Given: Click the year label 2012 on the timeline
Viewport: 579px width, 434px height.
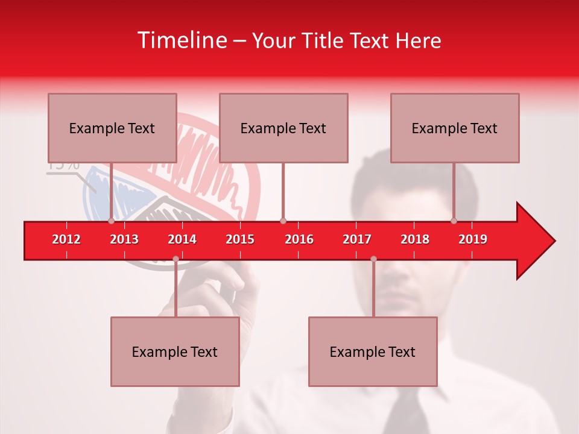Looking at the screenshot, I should click(66, 239).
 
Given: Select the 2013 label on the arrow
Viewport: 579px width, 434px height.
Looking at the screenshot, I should click(124, 239).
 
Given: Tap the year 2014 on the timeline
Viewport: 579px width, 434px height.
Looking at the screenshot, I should click(182, 239).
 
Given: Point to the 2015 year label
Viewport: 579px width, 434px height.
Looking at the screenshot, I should click(240, 239).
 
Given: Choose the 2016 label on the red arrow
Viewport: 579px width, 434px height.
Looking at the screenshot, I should click(299, 239).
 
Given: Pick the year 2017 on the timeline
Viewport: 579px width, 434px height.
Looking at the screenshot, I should click(357, 239).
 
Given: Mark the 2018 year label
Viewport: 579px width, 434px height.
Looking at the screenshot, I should click(415, 239).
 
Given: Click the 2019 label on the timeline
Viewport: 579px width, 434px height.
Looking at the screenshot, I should click(473, 239).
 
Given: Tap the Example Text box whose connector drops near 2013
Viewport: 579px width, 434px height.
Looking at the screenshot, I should click(112, 128).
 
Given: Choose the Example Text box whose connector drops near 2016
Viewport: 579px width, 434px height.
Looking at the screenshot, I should click(283, 128).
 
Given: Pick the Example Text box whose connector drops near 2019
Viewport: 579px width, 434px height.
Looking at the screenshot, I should click(455, 128).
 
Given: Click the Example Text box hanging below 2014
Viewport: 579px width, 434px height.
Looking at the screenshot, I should click(175, 351).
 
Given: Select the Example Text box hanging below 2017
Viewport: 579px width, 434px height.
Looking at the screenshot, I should click(373, 351).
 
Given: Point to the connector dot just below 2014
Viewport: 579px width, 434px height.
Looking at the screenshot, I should click(176, 259).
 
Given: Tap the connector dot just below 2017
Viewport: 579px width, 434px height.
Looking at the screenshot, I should click(373, 259).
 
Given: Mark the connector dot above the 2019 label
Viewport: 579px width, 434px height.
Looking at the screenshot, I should click(454, 221).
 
